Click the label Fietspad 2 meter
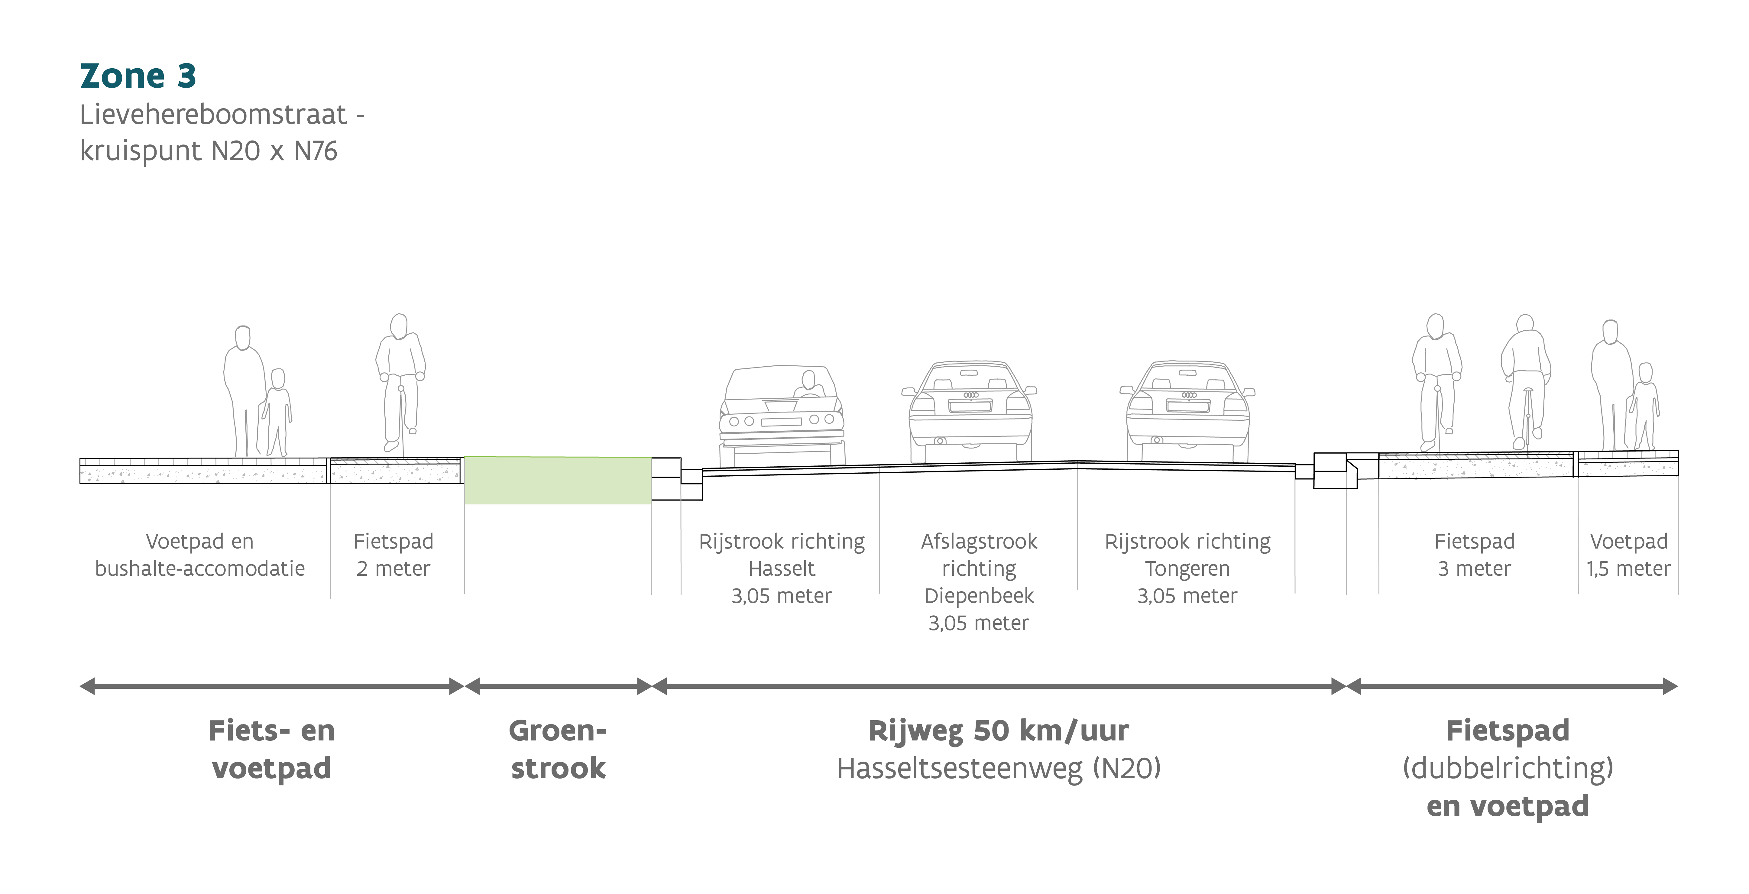[393, 555]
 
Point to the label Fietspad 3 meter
[1474, 555]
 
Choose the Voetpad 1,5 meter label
[1628, 555]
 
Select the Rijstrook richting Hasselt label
[782, 555]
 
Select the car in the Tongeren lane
[1187, 411]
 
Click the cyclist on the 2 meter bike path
[400, 380]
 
